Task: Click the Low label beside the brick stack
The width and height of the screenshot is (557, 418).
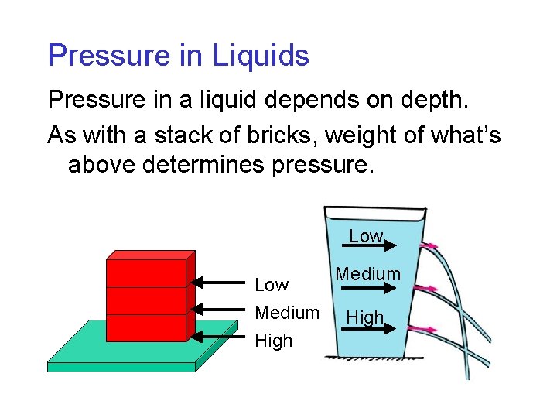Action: click(x=272, y=285)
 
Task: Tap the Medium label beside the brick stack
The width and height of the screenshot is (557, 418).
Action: click(x=287, y=313)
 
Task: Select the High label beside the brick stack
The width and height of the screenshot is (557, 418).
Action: click(x=274, y=341)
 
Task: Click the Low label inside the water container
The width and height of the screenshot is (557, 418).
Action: click(x=365, y=235)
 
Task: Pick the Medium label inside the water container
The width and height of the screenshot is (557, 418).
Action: click(x=368, y=274)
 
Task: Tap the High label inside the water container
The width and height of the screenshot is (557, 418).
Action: click(x=364, y=317)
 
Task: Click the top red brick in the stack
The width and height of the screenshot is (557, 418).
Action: click(x=147, y=272)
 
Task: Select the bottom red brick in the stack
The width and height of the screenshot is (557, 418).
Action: click(x=147, y=327)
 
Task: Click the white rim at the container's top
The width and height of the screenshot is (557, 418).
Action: click(x=374, y=211)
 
